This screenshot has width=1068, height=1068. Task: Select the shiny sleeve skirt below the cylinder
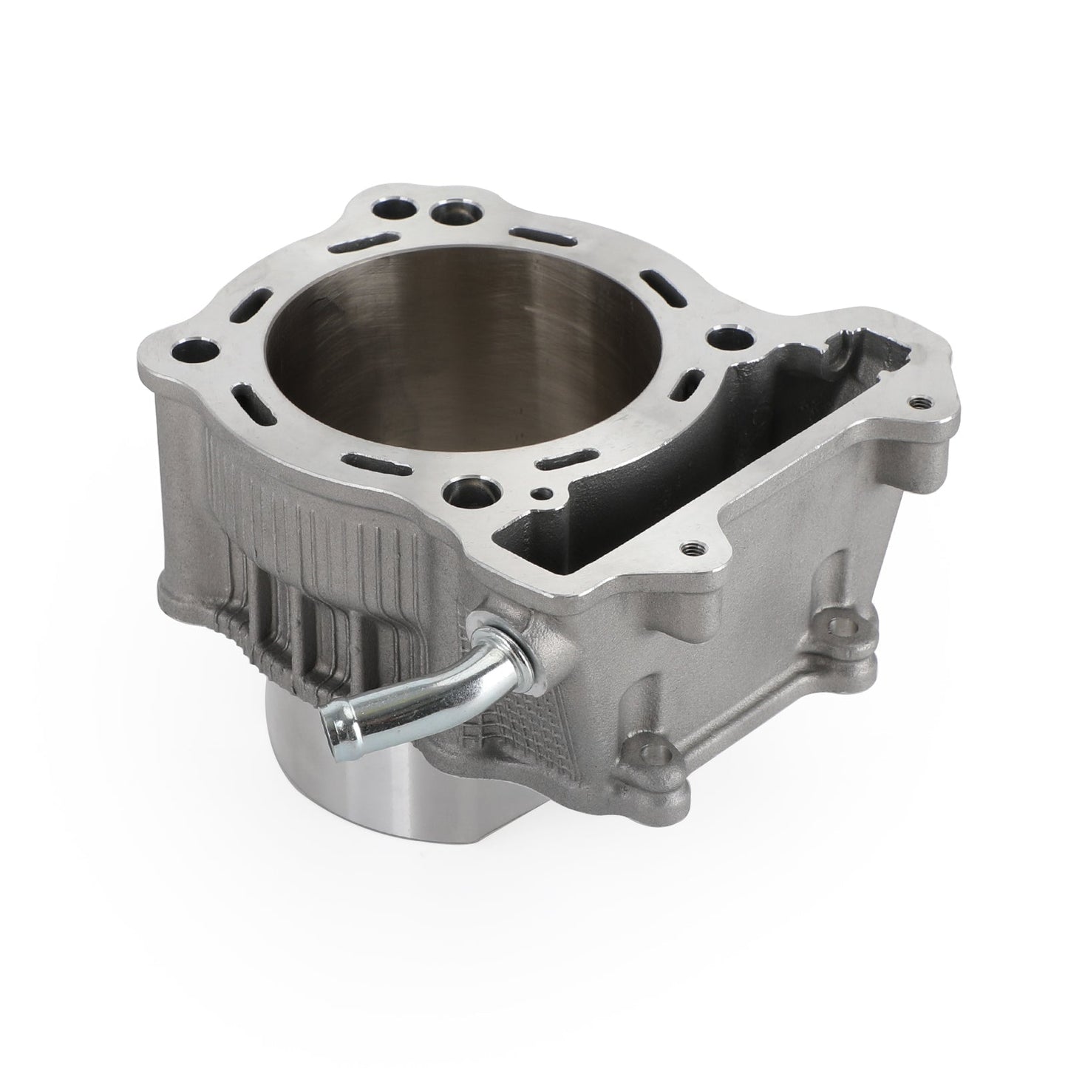click(x=347, y=798)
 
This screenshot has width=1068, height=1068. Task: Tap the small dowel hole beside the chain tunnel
click(x=545, y=494)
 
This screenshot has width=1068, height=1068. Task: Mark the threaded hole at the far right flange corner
click(x=918, y=404)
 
